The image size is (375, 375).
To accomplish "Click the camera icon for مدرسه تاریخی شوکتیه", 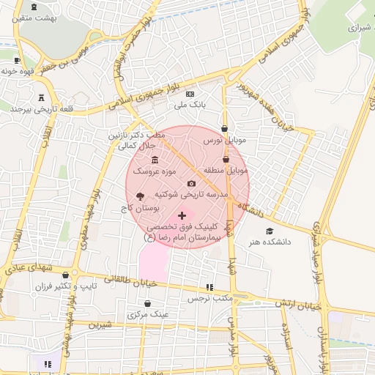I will pyautogui.click(x=192, y=183).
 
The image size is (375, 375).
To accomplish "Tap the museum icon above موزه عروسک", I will pyautogui.click(x=154, y=160).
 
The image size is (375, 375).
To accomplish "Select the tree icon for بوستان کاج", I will pyautogui.click(x=139, y=196).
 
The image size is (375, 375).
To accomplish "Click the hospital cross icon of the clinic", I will pyautogui.click(x=182, y=215).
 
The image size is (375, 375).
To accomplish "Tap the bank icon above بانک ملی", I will pyautogui.click(x=190, y=94).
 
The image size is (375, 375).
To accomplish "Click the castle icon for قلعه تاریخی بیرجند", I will pyautogui.click(x=40, y=97).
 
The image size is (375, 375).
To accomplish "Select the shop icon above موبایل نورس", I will pyautogui.click(x=224, y=128).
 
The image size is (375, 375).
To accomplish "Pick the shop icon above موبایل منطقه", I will pyautogui.click(x=226, y=159).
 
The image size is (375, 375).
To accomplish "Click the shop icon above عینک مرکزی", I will pyautogui.click(x=148, y=302).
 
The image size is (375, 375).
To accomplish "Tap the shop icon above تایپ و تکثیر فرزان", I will pyautogui.click(x=64, y=275).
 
